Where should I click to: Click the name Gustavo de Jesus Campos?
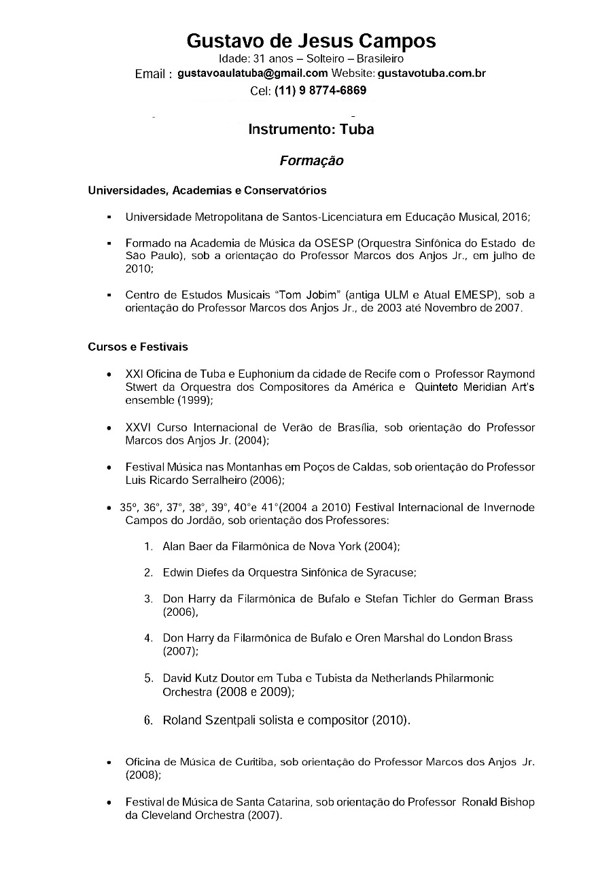(311, 41)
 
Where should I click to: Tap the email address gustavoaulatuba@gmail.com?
(253, 73)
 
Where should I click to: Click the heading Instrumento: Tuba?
(311, 129)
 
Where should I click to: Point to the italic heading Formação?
(311, 161)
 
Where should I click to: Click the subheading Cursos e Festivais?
(138, 347)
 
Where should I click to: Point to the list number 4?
(147, 638)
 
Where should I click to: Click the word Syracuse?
(391, 572)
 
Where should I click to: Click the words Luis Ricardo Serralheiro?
(186, 481)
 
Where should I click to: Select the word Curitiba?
(249, 762)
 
